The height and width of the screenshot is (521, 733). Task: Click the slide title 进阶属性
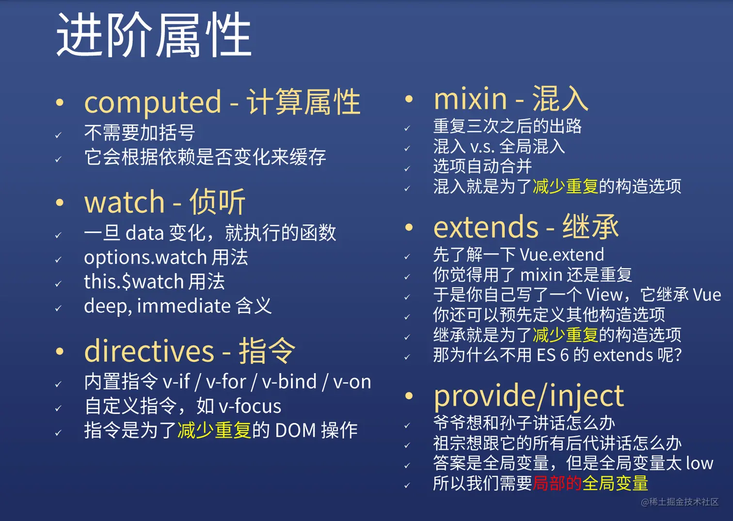point(154,35)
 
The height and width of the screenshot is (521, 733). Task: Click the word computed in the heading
point(153,103)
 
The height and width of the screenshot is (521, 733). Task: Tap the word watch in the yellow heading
point(124,202)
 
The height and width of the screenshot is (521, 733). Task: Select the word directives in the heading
point(149,351)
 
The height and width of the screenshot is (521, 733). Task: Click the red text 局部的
point(557,483)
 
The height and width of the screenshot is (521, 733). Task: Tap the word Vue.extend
point(562,255)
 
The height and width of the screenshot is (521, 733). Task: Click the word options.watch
point(145,258)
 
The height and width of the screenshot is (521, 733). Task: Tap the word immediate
point(184,306)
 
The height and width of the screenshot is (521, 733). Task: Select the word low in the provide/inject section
point(700,463)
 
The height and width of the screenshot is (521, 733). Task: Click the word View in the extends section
point(604,295)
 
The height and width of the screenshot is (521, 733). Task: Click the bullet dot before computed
point(60,103)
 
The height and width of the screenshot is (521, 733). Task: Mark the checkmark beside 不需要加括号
point(59,135)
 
